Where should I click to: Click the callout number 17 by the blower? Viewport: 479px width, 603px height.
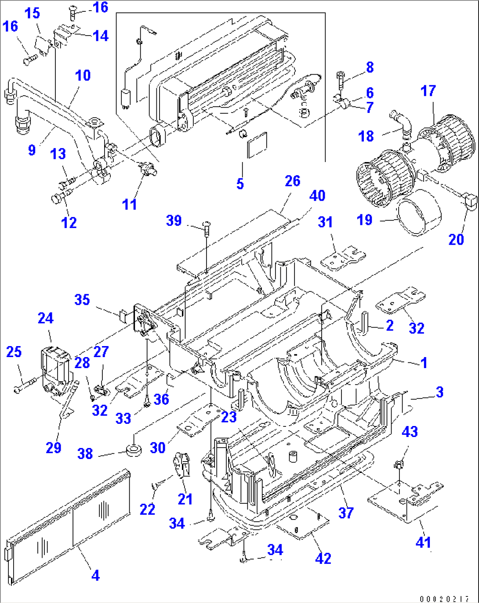pyautogui.click(x=428, y=91)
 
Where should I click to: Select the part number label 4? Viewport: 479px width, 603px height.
pyautogui.click(x=95, y=575)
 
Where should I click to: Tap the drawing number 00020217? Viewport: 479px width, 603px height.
pyautogui.click(x=444, y=599)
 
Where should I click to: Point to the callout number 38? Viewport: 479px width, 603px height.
pyautogui.click(x=85, y=453)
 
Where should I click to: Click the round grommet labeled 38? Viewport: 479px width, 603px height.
pyautogui.click(x=134, y=450)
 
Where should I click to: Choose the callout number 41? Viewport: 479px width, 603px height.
pyautogui.click(x=423, y=542)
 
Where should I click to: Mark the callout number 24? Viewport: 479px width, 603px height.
pyautogui.click(x=46, y=318)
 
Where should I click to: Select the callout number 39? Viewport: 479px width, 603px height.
pyautogui.click(x=174, y=220)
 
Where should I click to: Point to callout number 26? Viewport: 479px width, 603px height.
pyautogui.click(x=292, y=181)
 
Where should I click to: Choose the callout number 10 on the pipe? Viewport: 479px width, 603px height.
pyautogui.click(x=83, y=76)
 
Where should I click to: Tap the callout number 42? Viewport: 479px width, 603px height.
pyautogui.click(x=323, y=558)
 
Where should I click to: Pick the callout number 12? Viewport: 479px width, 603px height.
pyautogui.click(x=69, y=222)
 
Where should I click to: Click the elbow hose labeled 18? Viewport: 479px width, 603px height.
pyautogui.click(x=402, y=123)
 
